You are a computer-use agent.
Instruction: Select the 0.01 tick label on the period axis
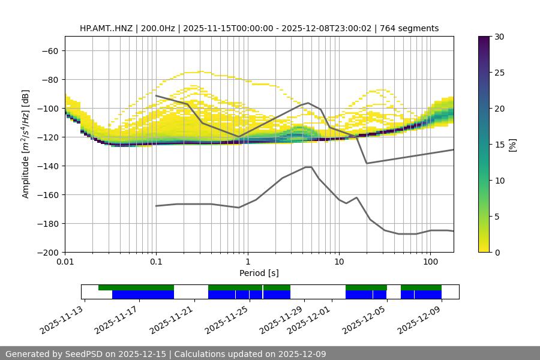point(65,262)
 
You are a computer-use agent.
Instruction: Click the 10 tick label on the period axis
point(339,262)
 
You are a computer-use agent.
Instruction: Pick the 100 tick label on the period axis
point(430,262)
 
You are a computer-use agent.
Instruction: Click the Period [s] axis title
point(259,273)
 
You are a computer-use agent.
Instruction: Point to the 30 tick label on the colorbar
point(499,37)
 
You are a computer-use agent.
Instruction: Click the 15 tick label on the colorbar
point(499,145)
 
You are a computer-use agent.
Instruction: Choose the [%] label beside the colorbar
point(512,145)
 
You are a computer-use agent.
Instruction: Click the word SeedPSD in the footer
point(98,354)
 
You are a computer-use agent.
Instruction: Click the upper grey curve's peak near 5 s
point(308,103)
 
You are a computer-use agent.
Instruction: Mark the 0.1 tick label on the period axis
point(156,262)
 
